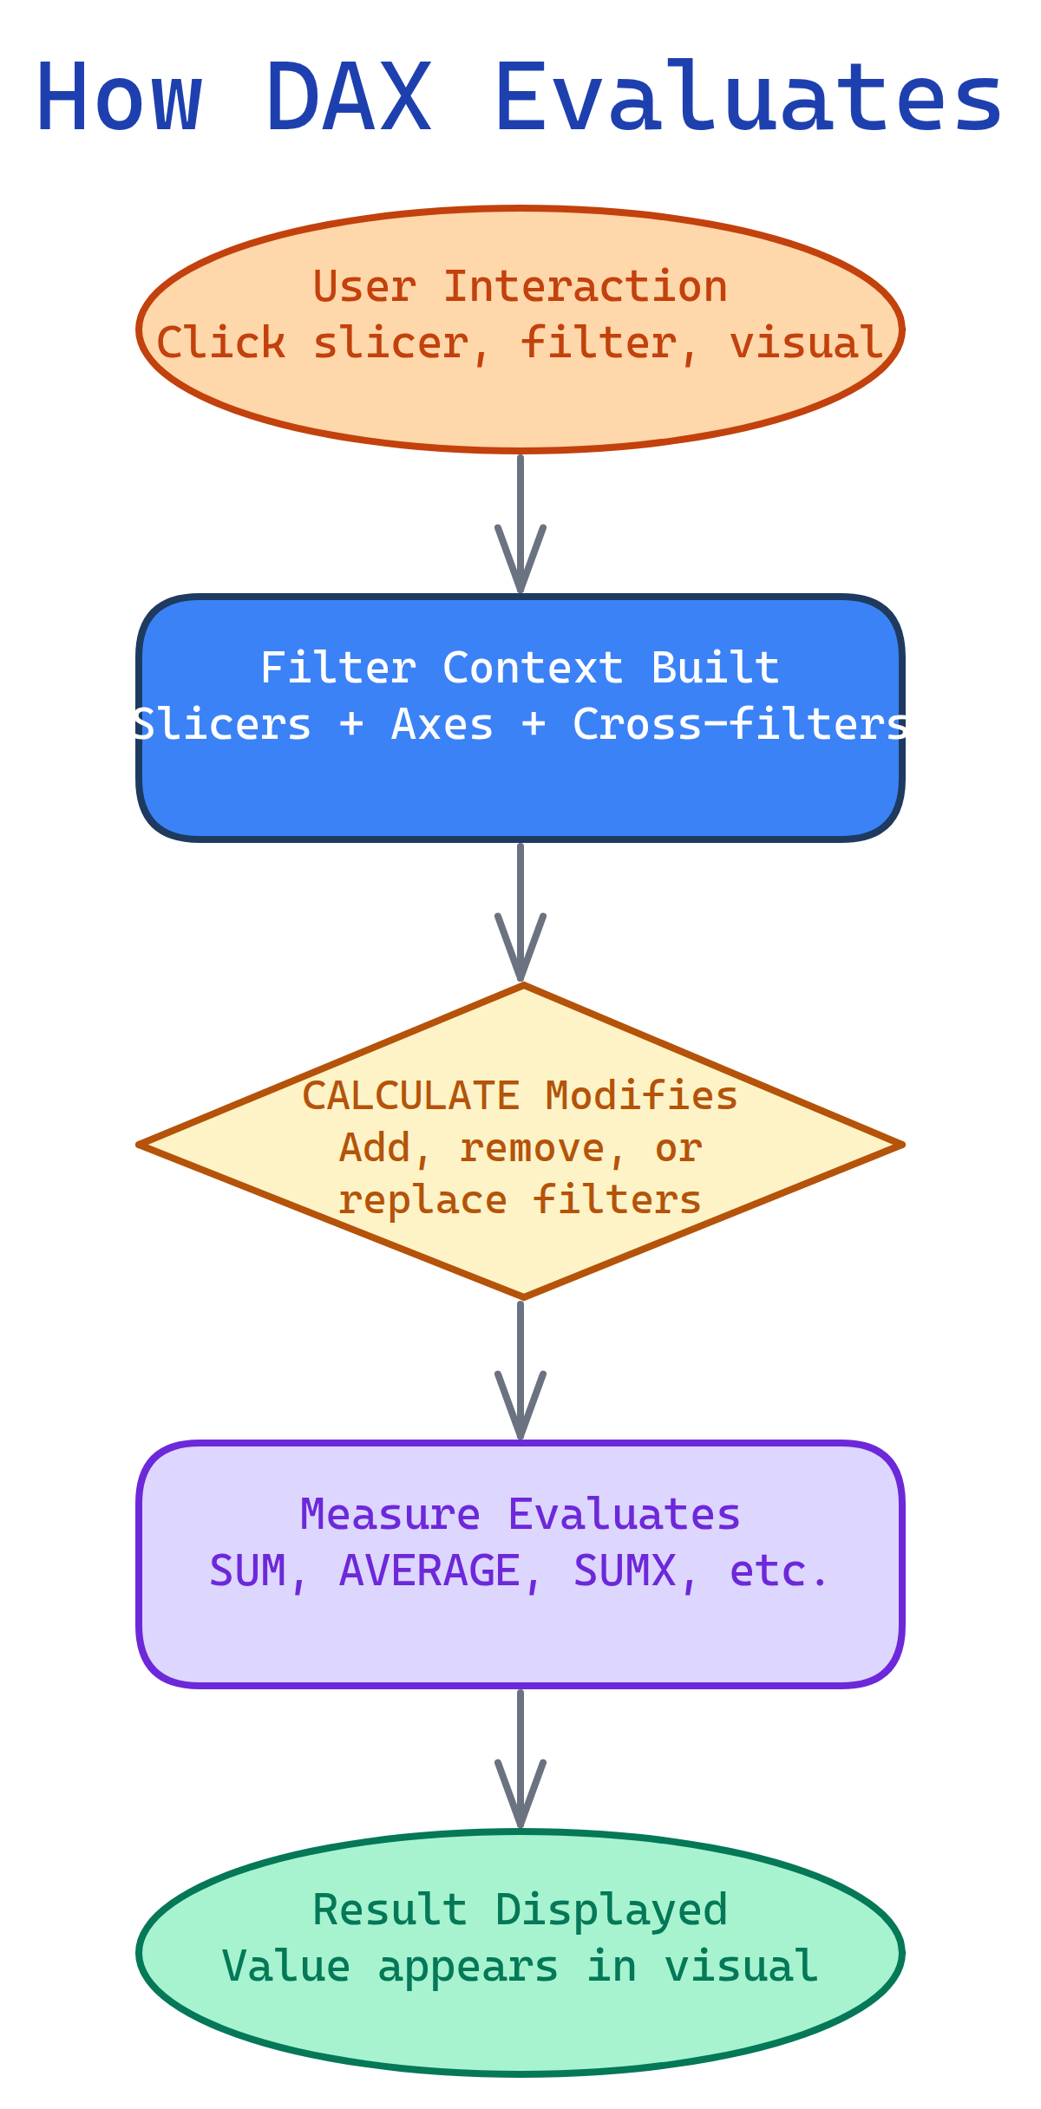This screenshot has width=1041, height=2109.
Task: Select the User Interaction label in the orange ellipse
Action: tap(520, 287)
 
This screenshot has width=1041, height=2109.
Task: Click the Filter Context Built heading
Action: tap(520, 669)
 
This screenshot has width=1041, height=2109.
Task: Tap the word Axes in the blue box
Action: tap(442, 725)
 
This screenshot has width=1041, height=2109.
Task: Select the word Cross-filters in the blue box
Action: tap(740, 725)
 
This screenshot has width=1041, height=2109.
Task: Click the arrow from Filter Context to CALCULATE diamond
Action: tap(520, 911)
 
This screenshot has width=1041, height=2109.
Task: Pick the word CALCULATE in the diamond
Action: tap(411, 1096)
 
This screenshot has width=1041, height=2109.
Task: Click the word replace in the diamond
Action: tap(422, 1201)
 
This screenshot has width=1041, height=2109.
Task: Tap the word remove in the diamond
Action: tap(532, 1149)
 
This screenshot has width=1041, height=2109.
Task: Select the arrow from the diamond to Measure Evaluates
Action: tap(520, 1369)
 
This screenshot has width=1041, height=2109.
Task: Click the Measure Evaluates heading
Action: tap(520, 1515)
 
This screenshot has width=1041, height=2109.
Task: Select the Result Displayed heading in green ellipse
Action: tap(520, 1910)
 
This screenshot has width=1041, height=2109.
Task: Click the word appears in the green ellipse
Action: tap(468, 1966)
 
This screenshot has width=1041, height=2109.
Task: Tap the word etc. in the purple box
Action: tap(779, 1571)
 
